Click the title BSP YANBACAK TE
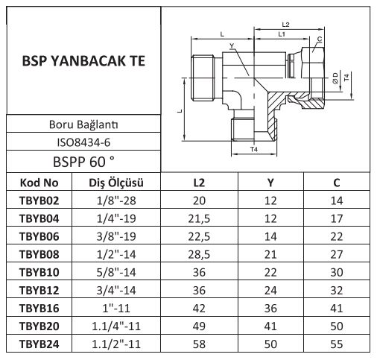pyautogui.click(x=83, y=61)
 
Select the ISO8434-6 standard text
pyautogui.click(x=83, y=142)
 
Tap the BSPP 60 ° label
pyautogui.click(x=83, y=162)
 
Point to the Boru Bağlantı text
pyautogui.click(x=83, y=124)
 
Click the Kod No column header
pyautogui.click(x=39, y=183)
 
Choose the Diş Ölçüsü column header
pyautogui.click(x=116, y=183)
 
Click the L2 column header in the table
pyautogui.click(x=199, y=183)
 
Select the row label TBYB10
pyautogui.click(x=39, y=272)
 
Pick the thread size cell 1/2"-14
pyautogui.click(x=116, y=254)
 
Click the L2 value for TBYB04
pyautogui.click(x=199, y=218)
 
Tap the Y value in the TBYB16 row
pyautogui.click(x=270, y=309)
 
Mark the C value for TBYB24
pyautogui.click(x=337, y=344)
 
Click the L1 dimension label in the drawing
pyautogui.click(x=282, y=34)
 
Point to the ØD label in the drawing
pyautogui.click(x=335, y=78)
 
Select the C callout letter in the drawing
pyautogui.click(x=320, y=39)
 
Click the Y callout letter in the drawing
pyautogui.click(x=232, y=45)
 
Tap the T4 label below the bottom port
pyautogui.click(x=254, y=149)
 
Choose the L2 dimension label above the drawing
pyautogui.click(x=285, y=25)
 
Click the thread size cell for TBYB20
pyautogui.click(x=116, y=326)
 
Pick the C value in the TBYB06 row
pyautogui.click(x=337, y=236)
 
